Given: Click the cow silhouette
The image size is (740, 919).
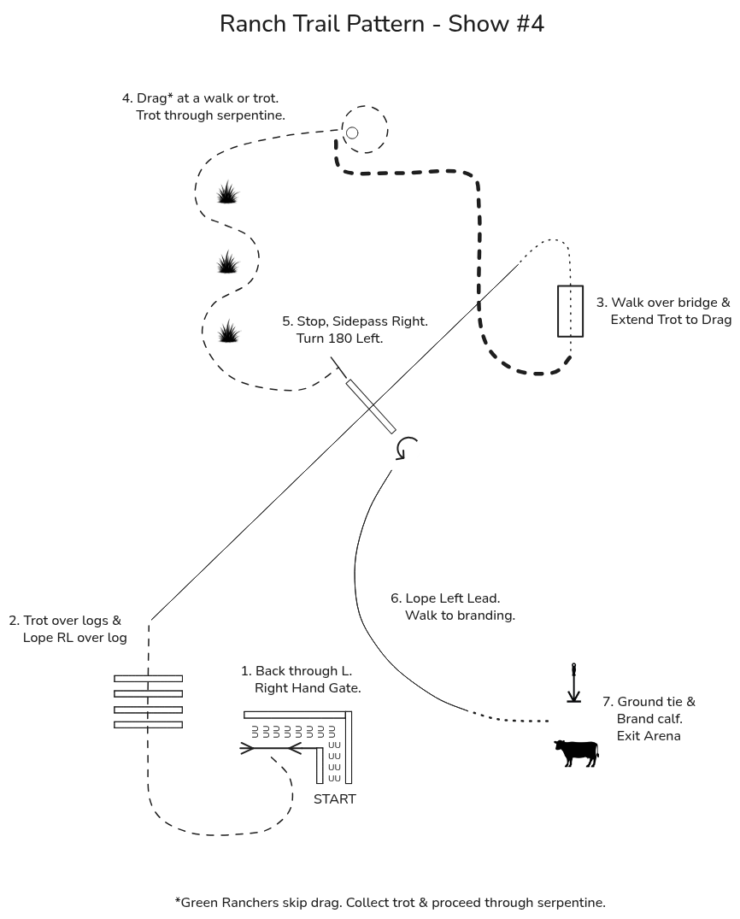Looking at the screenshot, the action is point(577,752).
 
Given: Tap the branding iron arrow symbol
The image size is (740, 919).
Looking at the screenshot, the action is point(573,683).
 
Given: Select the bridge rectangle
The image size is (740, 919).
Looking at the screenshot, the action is point(570,286).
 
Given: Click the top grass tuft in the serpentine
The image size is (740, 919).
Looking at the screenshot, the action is point(227,192).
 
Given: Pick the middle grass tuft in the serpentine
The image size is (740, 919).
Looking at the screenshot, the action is point(227,262).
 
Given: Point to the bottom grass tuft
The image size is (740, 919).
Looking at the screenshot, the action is point(228,331).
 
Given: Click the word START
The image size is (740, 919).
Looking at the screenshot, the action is point(335,798).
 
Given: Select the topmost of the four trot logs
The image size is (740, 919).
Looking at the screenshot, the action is point(148,679).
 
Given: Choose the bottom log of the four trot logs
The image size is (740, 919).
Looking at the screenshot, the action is point(148,725).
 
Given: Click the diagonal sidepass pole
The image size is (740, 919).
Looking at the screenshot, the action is point(371,406).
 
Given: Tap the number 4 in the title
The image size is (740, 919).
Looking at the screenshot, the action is point(537,24).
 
